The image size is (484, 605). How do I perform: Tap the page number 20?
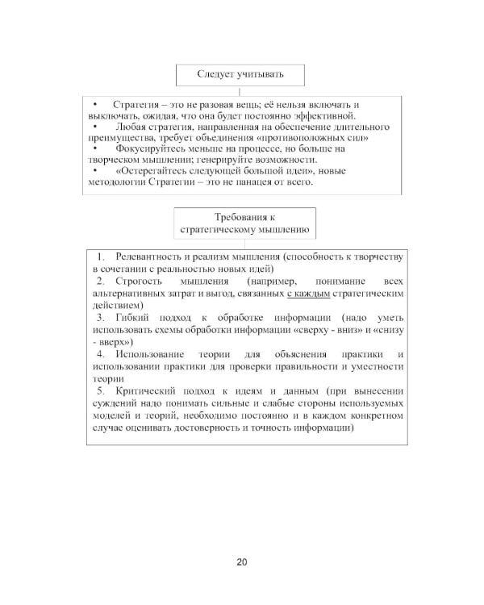[x=242, y=562]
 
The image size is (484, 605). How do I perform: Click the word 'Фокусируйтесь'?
[x=148, y=149]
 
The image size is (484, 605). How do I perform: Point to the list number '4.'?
[x=101, y=355]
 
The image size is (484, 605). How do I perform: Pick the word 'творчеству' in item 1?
[x=377, y=256]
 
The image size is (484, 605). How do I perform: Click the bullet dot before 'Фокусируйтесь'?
[x=94, y=149]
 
